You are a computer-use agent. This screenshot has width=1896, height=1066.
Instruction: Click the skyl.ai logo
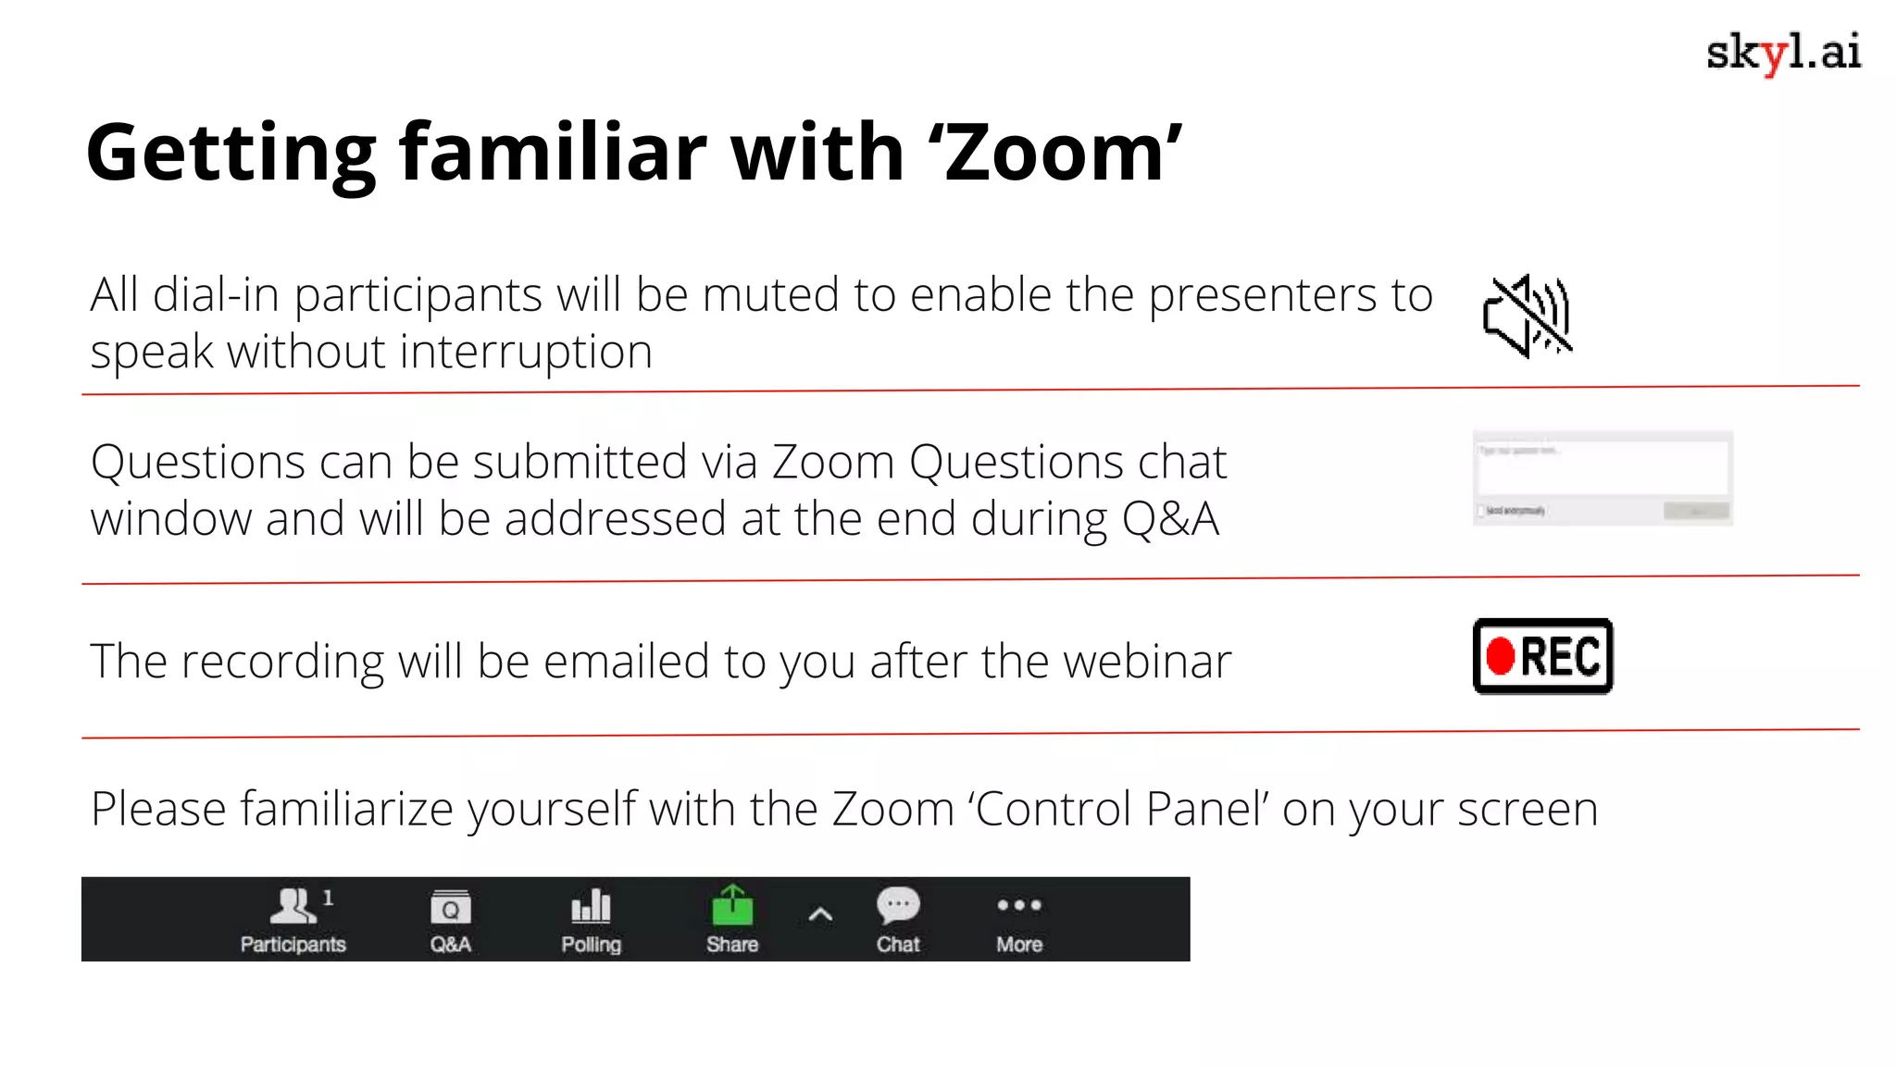(1783, 53)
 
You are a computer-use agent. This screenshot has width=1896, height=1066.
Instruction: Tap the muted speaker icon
(1527, 316)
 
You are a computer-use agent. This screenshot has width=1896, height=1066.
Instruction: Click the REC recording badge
(1542, 656)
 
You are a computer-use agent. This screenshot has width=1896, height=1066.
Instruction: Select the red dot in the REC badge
(1500, 656)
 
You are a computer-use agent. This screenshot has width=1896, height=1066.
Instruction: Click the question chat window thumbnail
(1603, 478)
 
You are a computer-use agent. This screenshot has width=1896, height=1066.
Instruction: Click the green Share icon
(732, 906)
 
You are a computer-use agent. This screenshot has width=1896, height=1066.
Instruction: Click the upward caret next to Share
(820, 916)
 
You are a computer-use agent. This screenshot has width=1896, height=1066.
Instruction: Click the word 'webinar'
(1147, 662)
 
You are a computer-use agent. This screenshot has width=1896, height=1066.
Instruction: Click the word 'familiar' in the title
(553, 154)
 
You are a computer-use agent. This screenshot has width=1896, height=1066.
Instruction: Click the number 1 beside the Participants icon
(328, 898)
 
